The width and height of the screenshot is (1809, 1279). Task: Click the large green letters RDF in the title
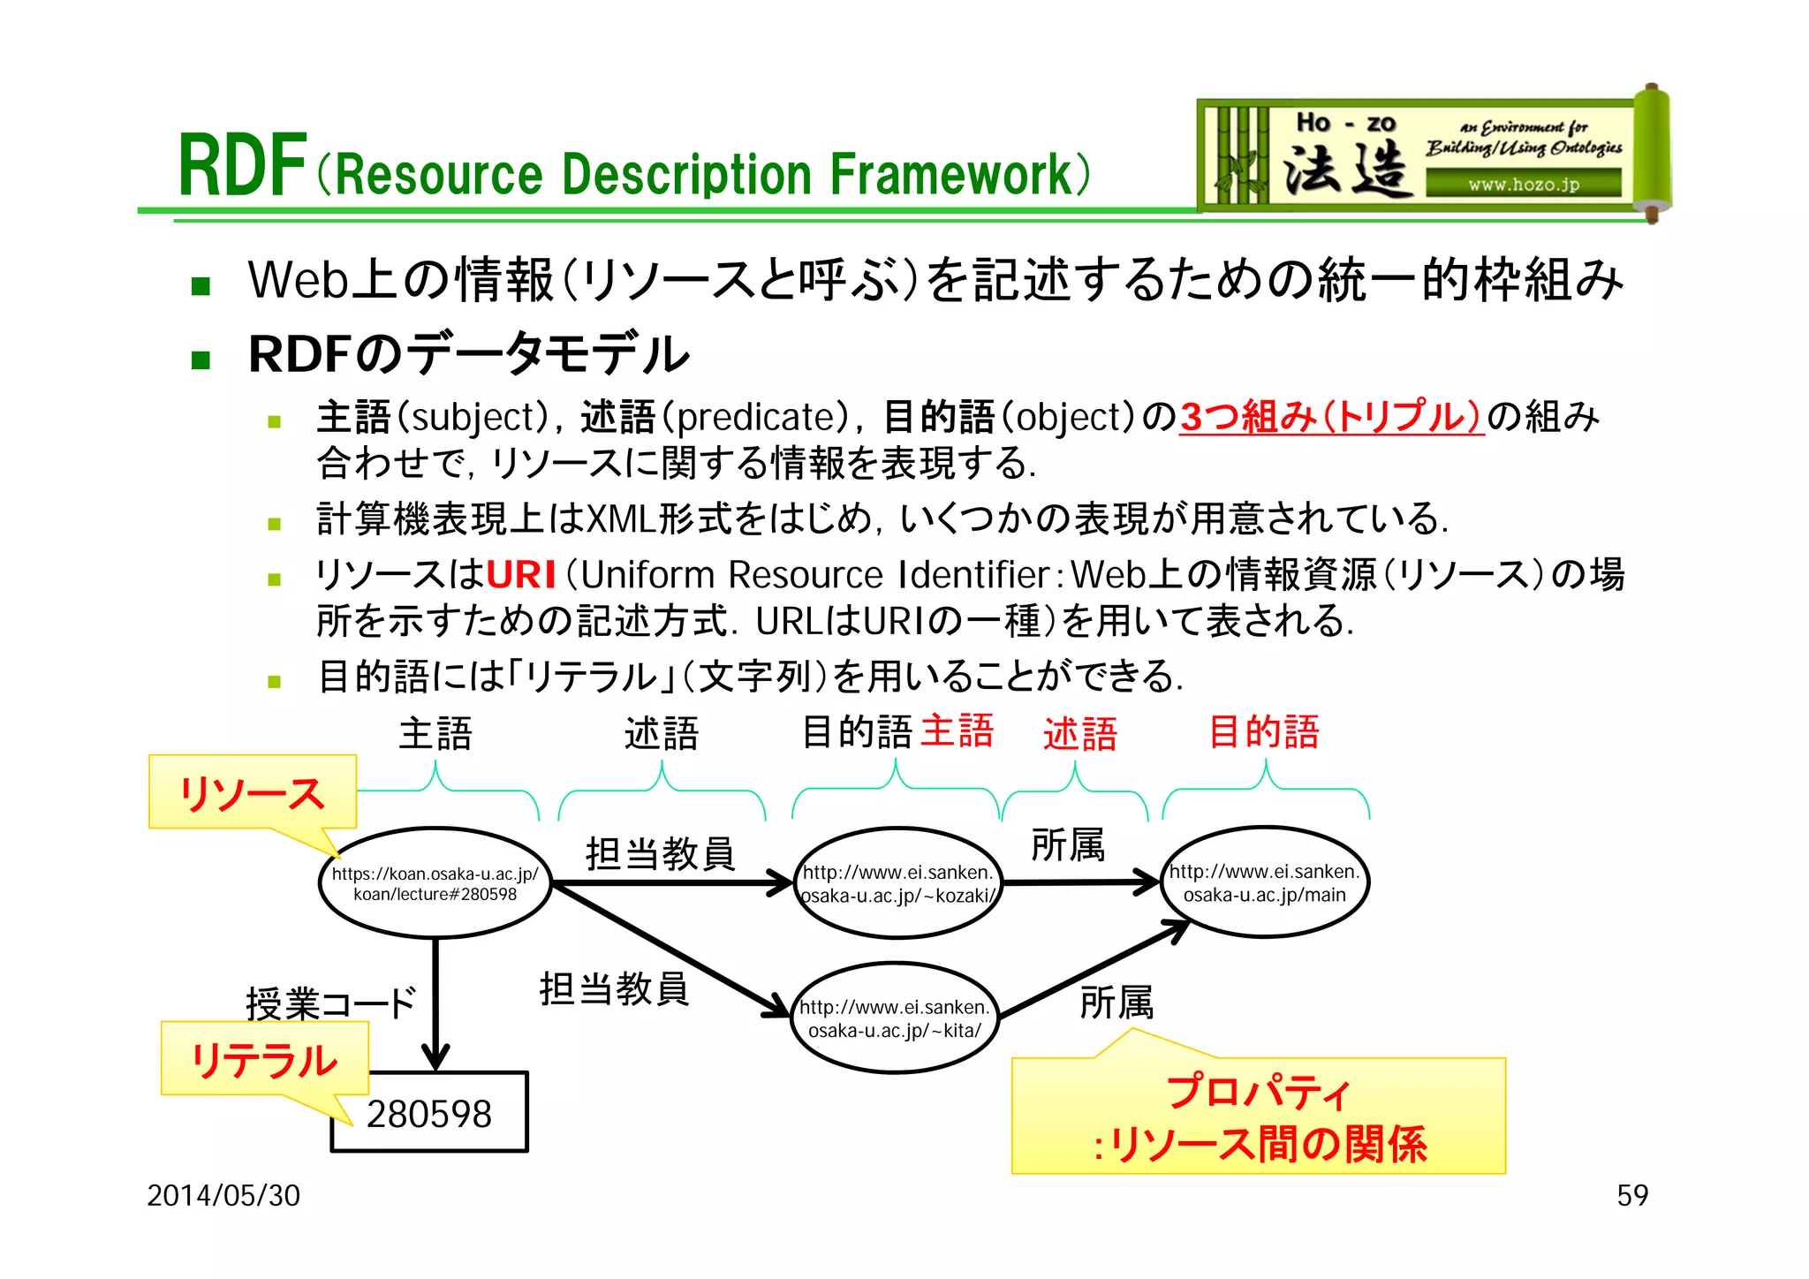(242, 166)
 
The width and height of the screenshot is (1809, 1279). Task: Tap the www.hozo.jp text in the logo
(1523, 185)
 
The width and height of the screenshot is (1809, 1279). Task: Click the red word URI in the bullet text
(521, 575)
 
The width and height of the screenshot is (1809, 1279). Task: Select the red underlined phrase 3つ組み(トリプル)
(1331, 417)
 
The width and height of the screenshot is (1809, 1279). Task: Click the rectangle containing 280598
(429, 1114)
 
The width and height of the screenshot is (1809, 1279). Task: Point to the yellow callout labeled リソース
(253, 792)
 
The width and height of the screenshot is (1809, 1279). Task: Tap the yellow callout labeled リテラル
(264, 1059)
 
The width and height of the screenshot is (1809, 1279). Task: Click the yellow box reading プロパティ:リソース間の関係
(1258, 1117)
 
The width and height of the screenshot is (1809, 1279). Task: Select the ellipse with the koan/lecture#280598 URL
(435, 883)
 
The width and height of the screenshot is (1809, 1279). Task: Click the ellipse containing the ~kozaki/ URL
(897, 883)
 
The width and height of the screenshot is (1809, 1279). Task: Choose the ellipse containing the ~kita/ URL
(894, 1018)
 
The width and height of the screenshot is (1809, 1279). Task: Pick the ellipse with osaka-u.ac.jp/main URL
(1264, 882)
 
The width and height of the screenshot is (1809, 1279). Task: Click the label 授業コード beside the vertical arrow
(330, 1003)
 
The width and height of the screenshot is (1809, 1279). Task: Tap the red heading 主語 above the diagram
(957, 732)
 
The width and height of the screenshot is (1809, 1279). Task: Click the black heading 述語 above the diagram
(661, 734)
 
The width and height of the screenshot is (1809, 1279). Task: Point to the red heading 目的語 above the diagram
(1263, 732)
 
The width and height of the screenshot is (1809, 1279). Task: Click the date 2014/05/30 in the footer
(223, 1195)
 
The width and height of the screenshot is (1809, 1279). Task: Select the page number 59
(1631, 1195)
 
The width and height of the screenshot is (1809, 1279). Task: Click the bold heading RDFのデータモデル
(468, 354)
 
